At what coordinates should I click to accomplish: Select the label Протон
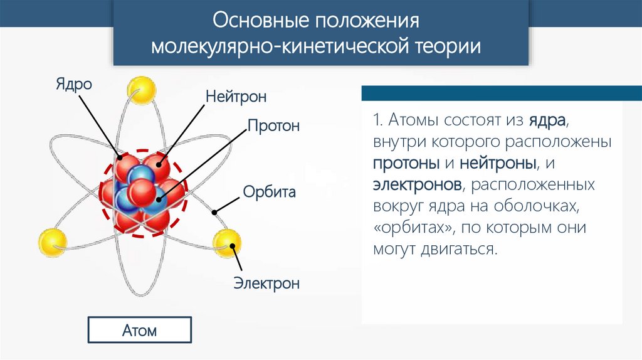(x=273, y=126)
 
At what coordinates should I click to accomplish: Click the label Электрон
(x=266, y=283)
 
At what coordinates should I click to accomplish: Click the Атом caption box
(x=139, y=330)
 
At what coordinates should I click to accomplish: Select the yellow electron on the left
(x=52, y=242)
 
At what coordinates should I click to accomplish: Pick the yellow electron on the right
(x=226, y=243)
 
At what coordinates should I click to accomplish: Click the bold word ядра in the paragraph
(x=548, y=120)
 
